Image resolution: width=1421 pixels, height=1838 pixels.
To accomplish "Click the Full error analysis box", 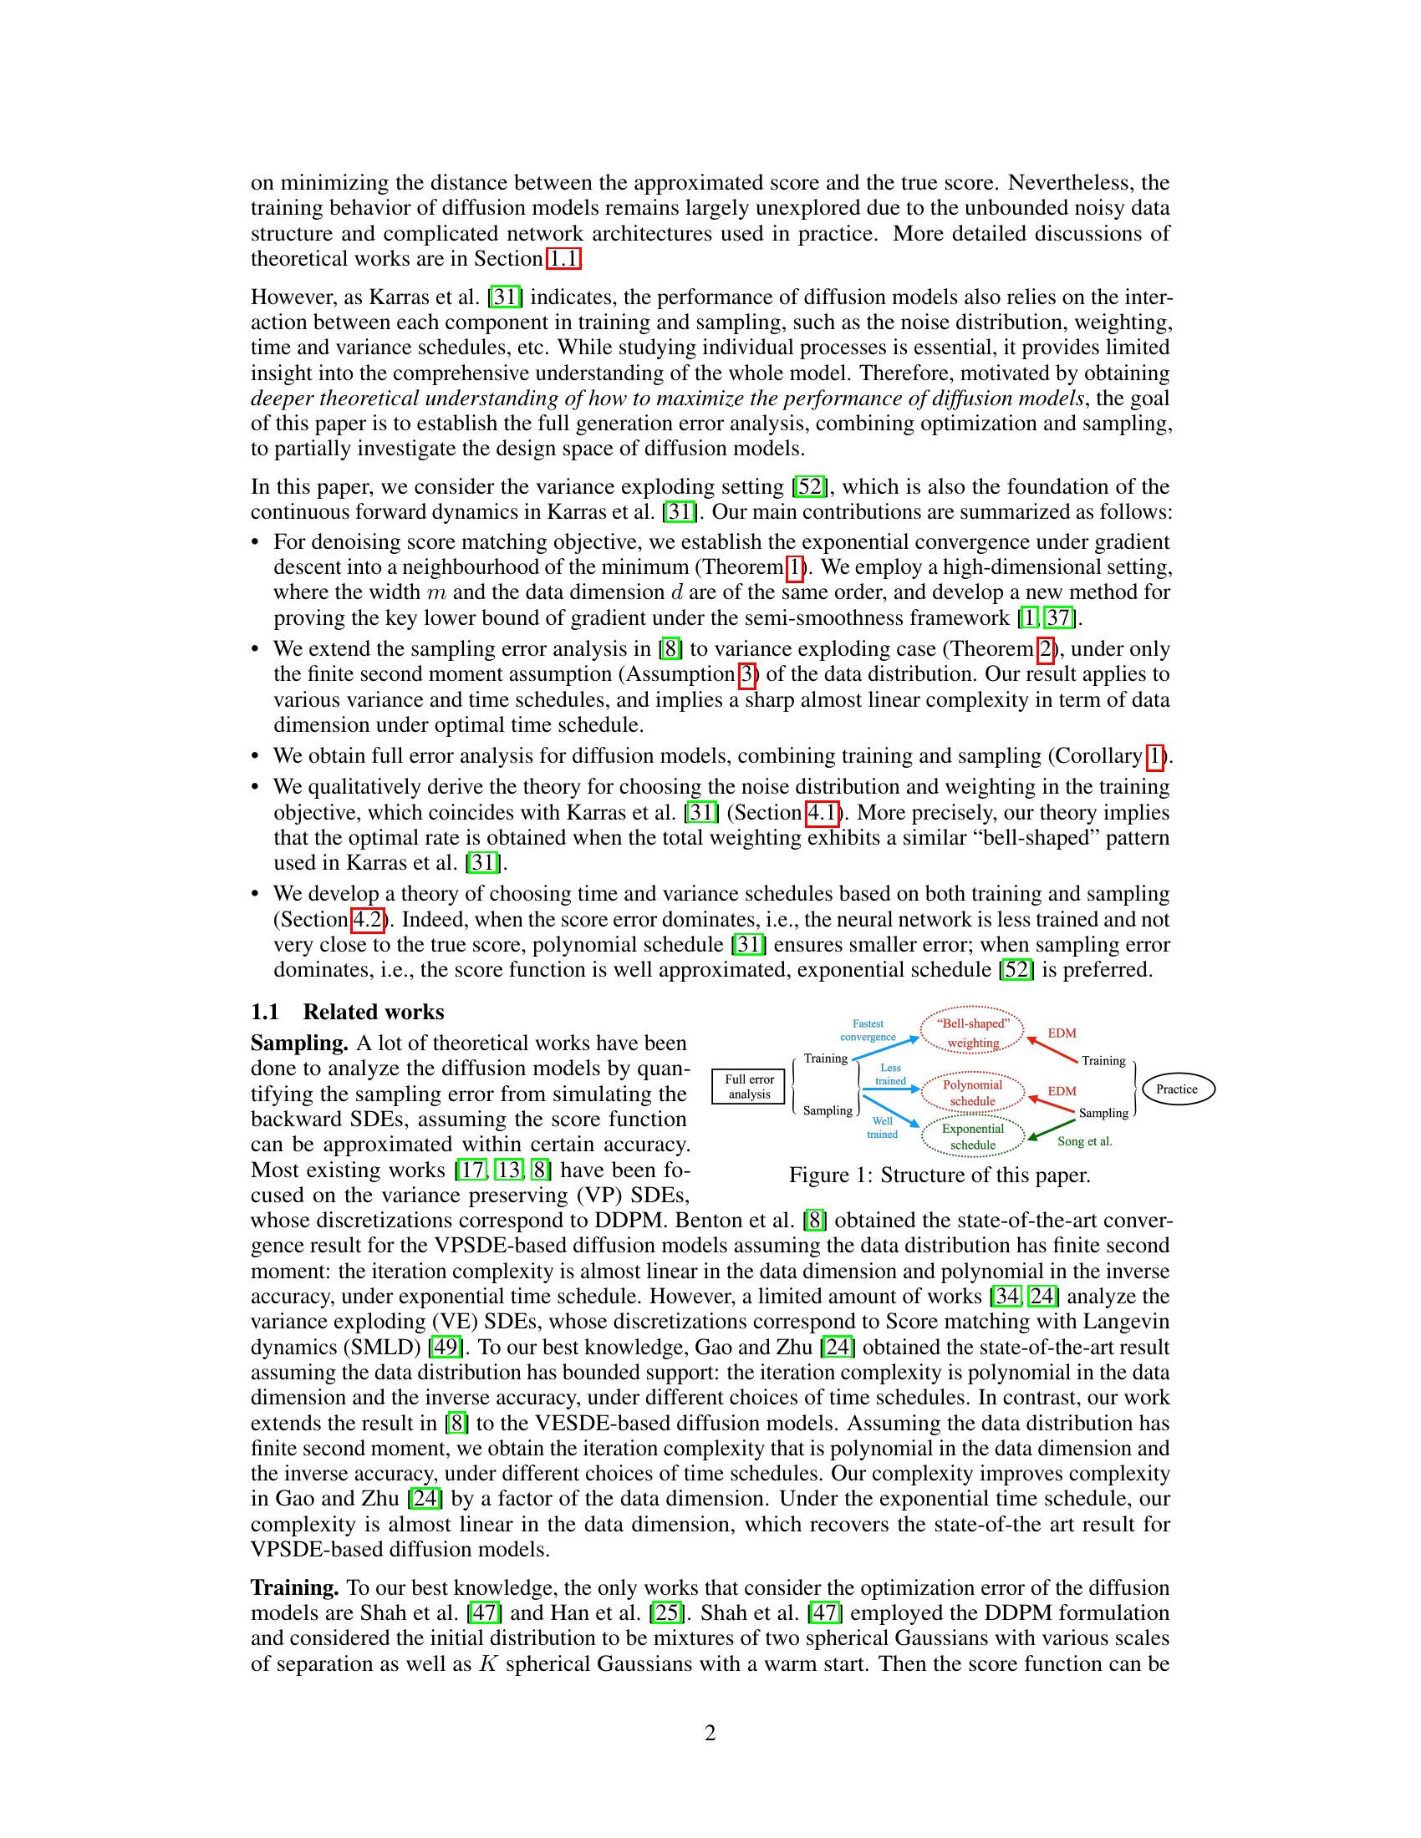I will coord(748,1086).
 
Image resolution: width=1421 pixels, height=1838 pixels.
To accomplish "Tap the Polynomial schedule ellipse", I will coord(972,1093).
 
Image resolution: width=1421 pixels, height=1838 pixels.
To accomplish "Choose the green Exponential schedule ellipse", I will coord(972,1136).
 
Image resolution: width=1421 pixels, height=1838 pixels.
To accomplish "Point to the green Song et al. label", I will coord(1084,1141).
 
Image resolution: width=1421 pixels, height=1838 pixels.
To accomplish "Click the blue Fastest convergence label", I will coord(868,1030).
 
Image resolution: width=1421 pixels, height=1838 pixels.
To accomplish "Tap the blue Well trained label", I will coord(882,1128).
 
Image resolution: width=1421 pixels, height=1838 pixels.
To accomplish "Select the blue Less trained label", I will coord(890,1074).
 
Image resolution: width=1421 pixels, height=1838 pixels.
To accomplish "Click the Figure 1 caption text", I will coord(940,1175).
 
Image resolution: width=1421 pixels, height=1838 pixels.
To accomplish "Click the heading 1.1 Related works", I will coord(347,1012).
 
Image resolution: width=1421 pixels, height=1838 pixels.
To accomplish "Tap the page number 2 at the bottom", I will coord(710,1733).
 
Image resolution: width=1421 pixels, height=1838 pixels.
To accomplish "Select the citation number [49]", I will coord(445,1348).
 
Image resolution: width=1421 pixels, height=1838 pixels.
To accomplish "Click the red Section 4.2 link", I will coord(367,919).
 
